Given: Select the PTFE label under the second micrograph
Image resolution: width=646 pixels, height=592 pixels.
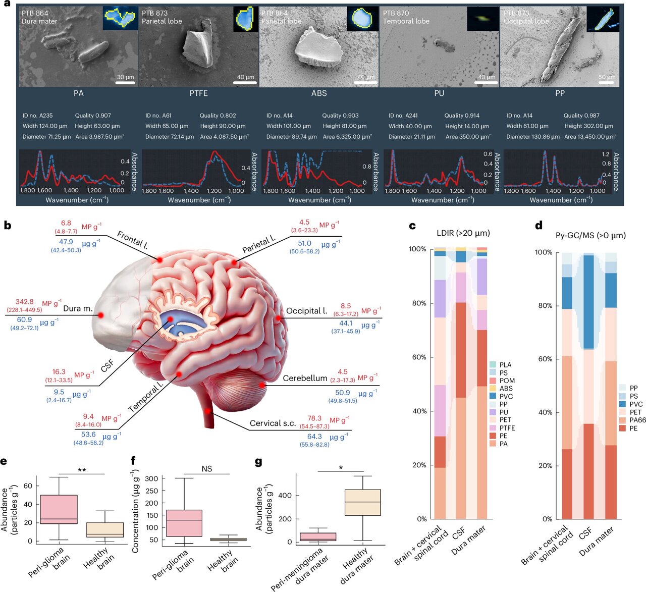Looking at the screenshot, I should (x=199, y=93).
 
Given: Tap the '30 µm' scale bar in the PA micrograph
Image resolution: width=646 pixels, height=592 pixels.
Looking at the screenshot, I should (x=125, y=80).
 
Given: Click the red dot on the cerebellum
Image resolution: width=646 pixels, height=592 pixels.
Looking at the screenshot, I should (x=262, y=385).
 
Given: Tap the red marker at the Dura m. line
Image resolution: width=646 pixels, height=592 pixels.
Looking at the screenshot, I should (x=100, y=315).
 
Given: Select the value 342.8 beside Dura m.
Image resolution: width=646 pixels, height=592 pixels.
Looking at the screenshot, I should (x=24, y=302).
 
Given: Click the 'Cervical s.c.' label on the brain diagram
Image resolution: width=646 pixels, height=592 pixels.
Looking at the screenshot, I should (x=273, y=423).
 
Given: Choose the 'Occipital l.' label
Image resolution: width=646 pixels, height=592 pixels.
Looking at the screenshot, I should (x=306, y=311).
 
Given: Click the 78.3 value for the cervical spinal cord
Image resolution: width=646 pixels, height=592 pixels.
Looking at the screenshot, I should (x=314, y=418).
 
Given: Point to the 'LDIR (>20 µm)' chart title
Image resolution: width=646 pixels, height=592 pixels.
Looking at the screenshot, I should (x=463, y=233).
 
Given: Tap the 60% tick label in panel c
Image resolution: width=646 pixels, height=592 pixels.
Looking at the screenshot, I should (x=419, y=357).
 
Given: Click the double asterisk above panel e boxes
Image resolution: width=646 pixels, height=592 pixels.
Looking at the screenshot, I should (x=81, y=470).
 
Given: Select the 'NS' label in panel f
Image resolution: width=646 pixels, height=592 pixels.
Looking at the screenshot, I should (x=207, y=469).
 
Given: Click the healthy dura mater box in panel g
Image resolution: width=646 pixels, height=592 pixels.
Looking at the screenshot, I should (x=362, y=502).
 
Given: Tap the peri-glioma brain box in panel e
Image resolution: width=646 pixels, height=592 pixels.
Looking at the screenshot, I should (x=59, y=509).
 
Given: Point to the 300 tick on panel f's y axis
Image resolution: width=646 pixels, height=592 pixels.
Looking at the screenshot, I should (x=152, y=478).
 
